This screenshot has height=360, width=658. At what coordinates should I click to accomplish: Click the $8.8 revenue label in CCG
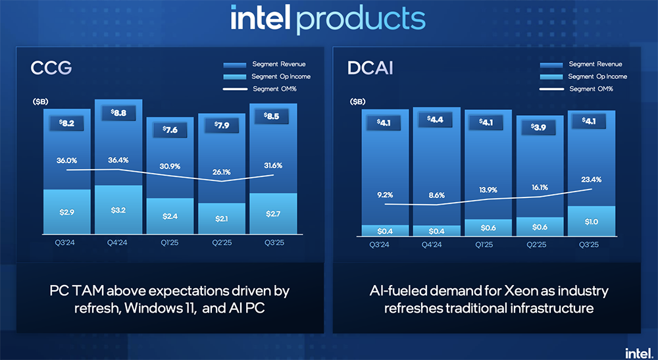point(119,113)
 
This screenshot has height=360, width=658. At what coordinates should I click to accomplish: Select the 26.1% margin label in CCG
point(221,172)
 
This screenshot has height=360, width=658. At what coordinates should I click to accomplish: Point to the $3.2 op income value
point(119,212)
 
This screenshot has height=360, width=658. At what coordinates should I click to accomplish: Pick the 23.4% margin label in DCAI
point(592,179)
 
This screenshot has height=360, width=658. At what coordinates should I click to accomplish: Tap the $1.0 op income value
point(591,222)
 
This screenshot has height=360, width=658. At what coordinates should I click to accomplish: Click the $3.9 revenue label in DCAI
point(540,127)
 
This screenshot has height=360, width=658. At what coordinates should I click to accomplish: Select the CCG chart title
point(51,68)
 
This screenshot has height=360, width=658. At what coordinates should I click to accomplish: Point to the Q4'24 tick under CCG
point(119,243)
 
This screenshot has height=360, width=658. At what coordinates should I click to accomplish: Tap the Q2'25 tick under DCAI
point(540,244)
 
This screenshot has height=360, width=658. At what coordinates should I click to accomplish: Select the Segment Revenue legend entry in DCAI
point(595,64)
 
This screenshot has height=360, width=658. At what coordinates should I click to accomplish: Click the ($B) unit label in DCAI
point(358,102)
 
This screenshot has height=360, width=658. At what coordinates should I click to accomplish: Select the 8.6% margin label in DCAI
point(436,196)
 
